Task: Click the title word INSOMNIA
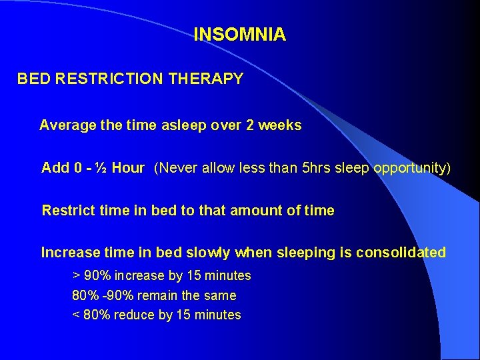pyautogui.click(x=239, y=35)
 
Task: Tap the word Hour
pyautogui.click(x=128, y=168)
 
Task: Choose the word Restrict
pyautogui.click(x=66, y=211)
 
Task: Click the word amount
pyautogui.click(x=256, y=211)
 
